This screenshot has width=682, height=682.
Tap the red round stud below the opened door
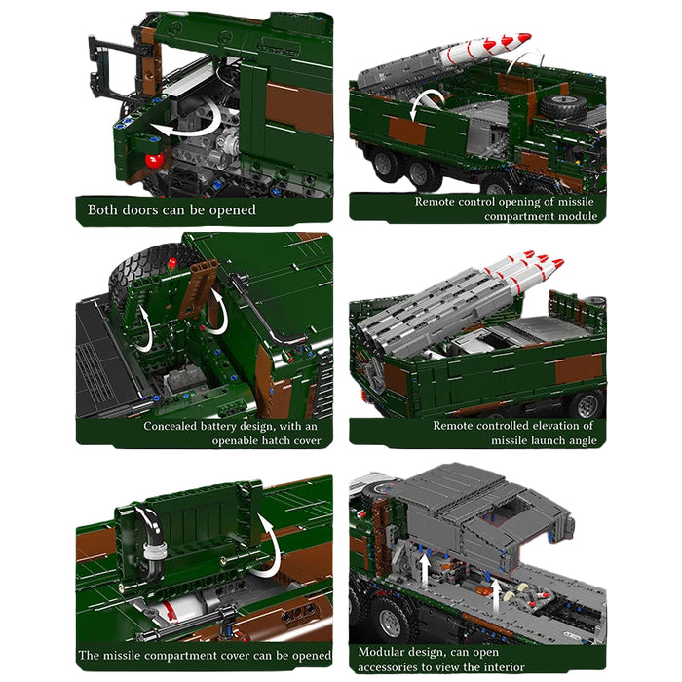(150, 160)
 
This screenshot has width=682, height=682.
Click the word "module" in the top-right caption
(574, 215)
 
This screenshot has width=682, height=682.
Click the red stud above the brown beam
(172, 262)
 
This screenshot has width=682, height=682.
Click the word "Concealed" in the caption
(176, 426)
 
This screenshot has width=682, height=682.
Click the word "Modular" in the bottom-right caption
(384, 652)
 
